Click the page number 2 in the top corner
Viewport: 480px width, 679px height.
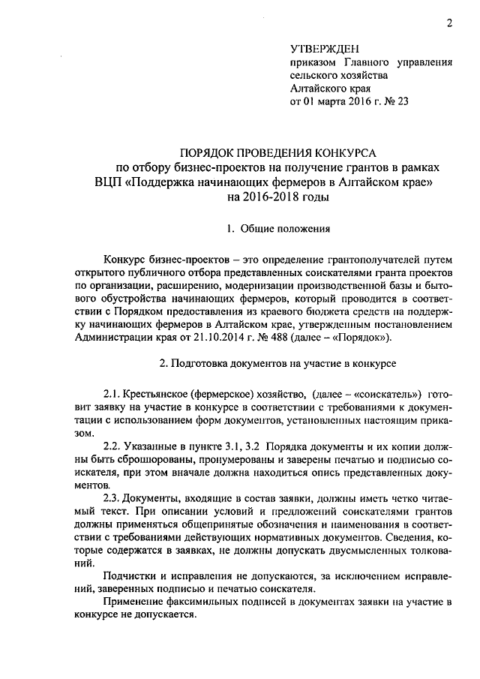448,22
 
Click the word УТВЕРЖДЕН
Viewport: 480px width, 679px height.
320,48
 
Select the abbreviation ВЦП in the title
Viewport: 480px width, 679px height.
110,182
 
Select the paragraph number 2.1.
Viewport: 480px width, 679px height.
113,394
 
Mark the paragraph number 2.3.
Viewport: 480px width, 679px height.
113,497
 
